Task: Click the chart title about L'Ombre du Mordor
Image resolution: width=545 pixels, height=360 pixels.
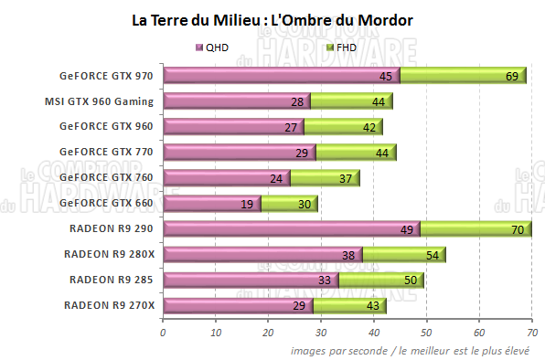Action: (272, 18)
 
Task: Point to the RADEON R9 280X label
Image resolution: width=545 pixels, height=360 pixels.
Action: (109, 253)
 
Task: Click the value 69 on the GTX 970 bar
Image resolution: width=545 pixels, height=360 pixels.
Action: (512, 77)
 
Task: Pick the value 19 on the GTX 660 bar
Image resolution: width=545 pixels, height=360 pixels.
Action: (247, 205)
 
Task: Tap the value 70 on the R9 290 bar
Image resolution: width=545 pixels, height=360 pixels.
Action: (518, 230)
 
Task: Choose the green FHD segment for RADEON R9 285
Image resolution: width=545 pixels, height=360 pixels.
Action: (379, 281)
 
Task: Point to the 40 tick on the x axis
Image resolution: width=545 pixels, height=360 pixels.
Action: (373, 333)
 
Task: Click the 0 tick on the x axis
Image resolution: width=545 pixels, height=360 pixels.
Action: (163, 333)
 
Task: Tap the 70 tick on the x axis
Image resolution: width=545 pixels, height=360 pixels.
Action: (531, 333)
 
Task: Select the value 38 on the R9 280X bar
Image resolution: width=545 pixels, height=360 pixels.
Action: (347, 256)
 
